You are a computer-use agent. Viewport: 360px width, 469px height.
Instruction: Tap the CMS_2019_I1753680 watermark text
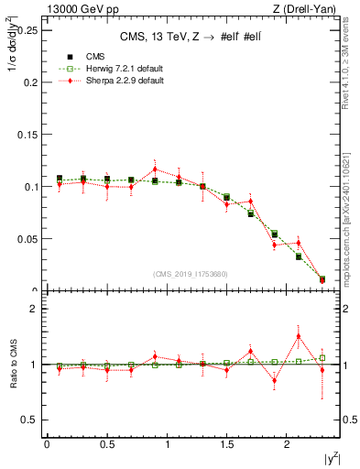(x=191, y=274)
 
